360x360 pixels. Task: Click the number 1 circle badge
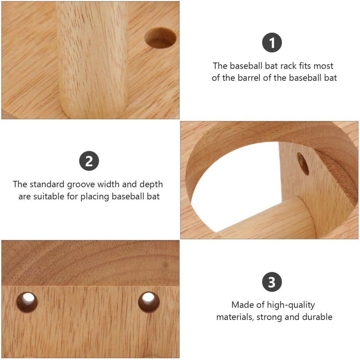coord(272,43)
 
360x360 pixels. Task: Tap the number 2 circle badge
coord(89,161)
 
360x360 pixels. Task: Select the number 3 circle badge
coord(272,282)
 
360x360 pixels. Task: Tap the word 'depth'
coord(151,185)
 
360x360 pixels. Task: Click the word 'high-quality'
coord(291,305)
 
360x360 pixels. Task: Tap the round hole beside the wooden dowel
coord(160,38)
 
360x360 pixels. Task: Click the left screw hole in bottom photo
coord(27,303)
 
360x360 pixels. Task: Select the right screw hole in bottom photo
coord(149,302)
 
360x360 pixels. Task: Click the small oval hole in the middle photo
coord(303,164)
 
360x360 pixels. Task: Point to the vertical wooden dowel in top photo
coord(92,60)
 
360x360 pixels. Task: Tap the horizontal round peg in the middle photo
coord(266,218)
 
